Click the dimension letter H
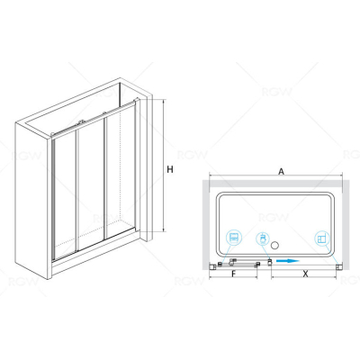[x=170, y=169]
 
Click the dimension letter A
[x=281, y=171]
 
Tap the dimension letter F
[x=234, y=274]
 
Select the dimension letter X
[x=305, y=274]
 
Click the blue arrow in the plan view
[x=288, y=261]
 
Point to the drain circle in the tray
[x=274, y=246]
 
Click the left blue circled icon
[x=234, y=238]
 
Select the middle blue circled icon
[x=263, y=239]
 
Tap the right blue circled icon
[x=321, y=239]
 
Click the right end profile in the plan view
[x=339, y=266]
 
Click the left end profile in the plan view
[x=212, y=266]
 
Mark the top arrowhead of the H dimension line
[x=164, y=101]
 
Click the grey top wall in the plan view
[x=275, y=184]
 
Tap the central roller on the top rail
[x=80, y=122]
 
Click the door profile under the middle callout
[x=269, y=263]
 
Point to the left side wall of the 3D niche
[x=32, y=200]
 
